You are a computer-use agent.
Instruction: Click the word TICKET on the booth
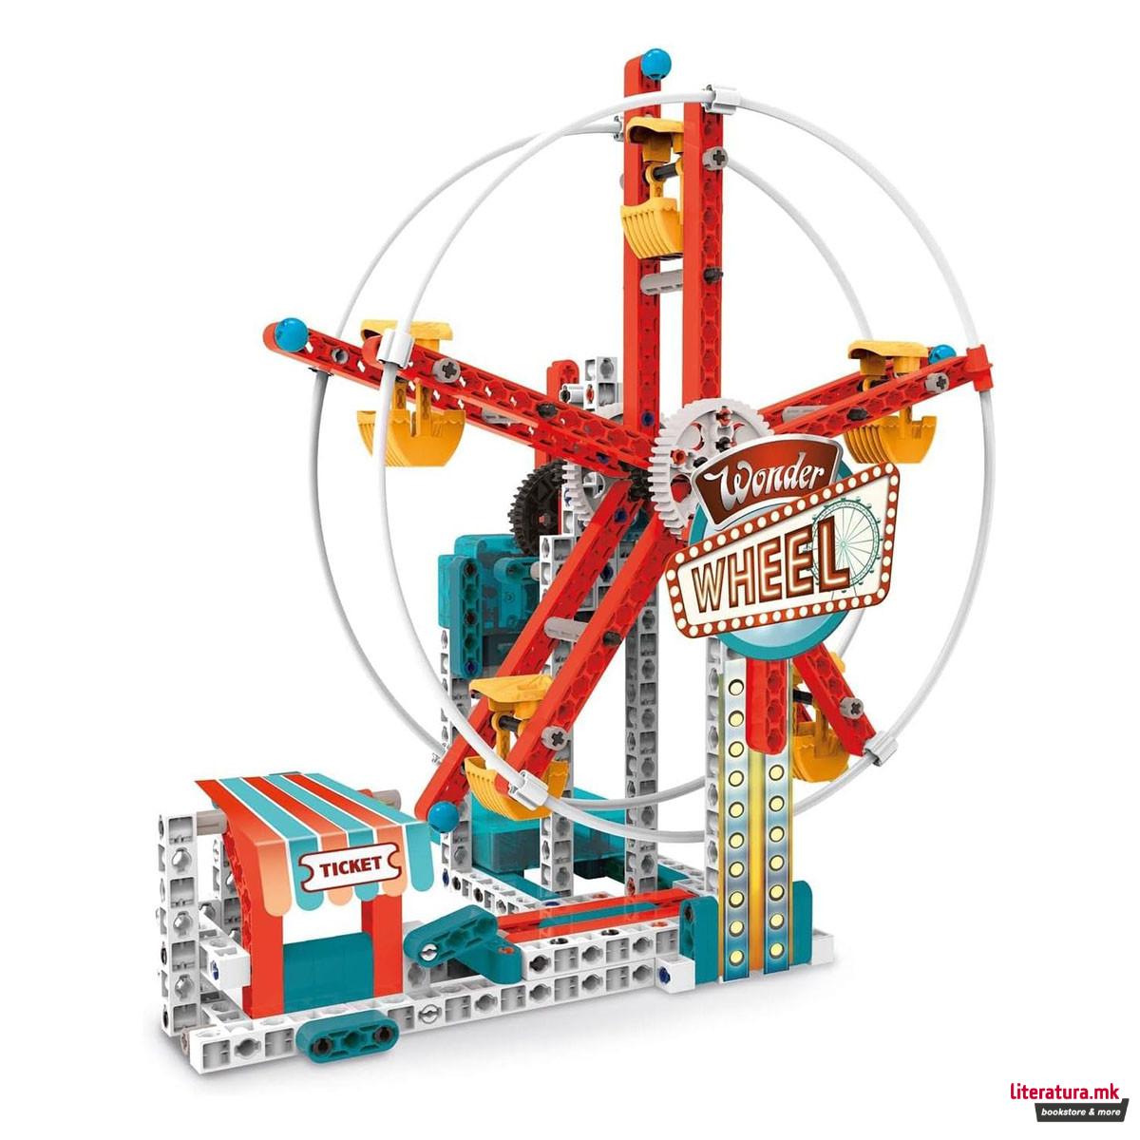(351, 865)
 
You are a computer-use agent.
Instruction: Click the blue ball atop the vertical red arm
(655, 65)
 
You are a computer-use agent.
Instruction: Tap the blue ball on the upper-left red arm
(289, 332)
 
